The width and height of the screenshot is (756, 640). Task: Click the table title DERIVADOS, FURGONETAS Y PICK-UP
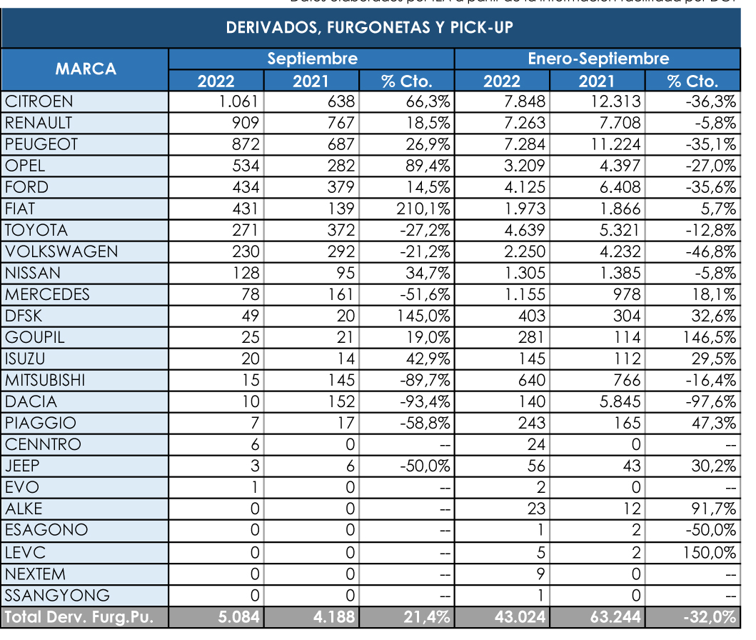(370, 28)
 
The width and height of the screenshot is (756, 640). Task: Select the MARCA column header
(86, 69)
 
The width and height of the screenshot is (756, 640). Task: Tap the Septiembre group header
(312, 59)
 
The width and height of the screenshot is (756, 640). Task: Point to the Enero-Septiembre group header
(598, 59)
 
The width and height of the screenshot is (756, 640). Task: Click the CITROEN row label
(39, 101)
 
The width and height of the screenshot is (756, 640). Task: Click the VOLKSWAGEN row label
(61, 251)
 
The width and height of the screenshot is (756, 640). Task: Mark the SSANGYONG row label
(58, 595)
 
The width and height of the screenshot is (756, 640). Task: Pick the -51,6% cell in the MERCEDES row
(428, 294)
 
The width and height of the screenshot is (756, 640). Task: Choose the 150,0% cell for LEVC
(710, 551)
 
